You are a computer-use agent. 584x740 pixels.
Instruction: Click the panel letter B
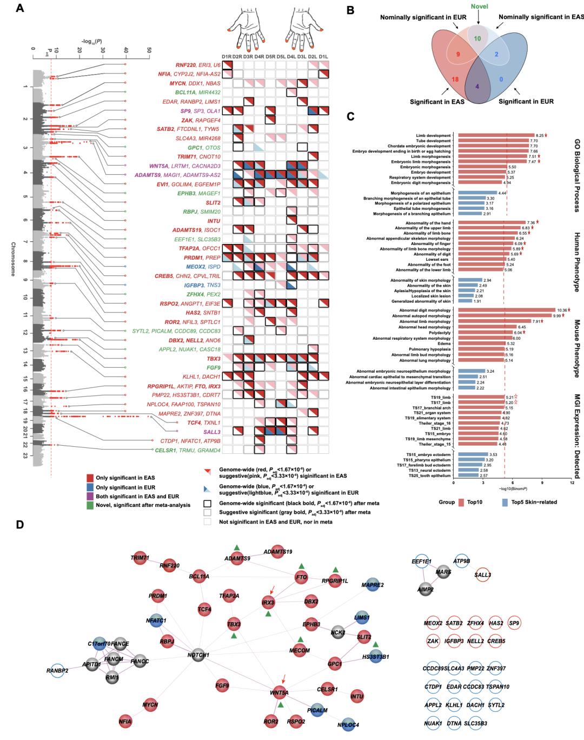tap(350, 9)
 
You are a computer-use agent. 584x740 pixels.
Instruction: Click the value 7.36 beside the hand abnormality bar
tap(530, 222)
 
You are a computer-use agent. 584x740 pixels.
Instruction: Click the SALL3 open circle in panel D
tap(482, 574)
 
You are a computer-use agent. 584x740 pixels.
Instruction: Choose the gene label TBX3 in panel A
tap(214, 359)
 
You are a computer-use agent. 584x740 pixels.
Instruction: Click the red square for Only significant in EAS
tap(90, 477)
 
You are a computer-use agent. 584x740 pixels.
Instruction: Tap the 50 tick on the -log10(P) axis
tap(149, 50)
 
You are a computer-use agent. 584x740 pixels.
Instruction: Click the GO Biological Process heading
tap(576, 174)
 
